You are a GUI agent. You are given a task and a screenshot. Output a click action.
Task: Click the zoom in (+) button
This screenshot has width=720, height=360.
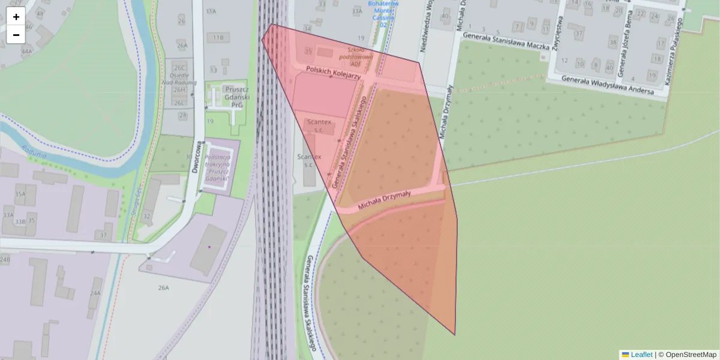tap(16, 17)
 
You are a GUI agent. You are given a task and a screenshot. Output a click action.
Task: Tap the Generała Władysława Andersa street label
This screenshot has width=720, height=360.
tap(611, 85)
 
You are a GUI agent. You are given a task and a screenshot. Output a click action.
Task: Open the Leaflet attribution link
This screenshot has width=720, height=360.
tap(641, 355)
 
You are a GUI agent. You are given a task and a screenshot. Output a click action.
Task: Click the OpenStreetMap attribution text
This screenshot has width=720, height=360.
tap(691, 355)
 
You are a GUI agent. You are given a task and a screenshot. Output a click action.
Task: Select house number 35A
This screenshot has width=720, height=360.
tap(20, 194)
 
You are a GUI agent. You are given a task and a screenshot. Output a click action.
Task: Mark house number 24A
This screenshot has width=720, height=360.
tap(95, 293)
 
